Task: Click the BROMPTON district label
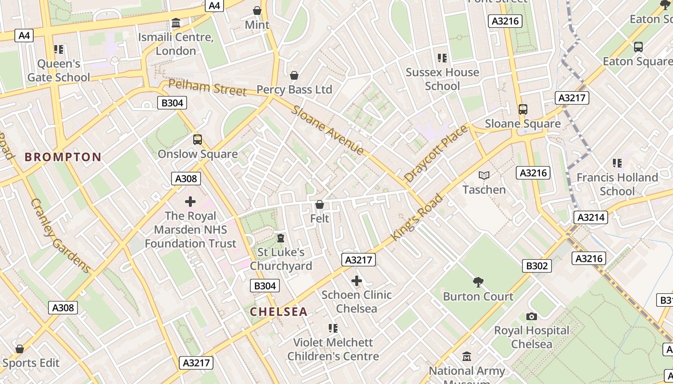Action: [63, 157]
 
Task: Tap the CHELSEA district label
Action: [278, 312]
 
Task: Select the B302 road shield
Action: [536, 265]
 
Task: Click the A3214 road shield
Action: [591, 217]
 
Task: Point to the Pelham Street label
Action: [207, 88]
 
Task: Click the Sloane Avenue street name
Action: [328, 130]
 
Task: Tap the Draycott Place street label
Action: [436, 153]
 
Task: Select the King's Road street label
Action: [417, 217]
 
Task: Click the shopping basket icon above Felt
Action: [319, 205]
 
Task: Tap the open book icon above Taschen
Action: [484, 176]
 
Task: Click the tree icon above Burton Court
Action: [478, 282]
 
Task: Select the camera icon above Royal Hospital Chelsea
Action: [531, 316]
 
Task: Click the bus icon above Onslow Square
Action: [198, 140]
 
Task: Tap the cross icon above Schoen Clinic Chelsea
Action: [357, 281]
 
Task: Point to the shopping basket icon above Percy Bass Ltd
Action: [294, 75]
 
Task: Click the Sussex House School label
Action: [442, 79]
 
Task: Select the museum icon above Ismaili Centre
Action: [176, 23]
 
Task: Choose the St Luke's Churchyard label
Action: [281, 259]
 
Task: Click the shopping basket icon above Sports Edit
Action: [20, 349]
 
